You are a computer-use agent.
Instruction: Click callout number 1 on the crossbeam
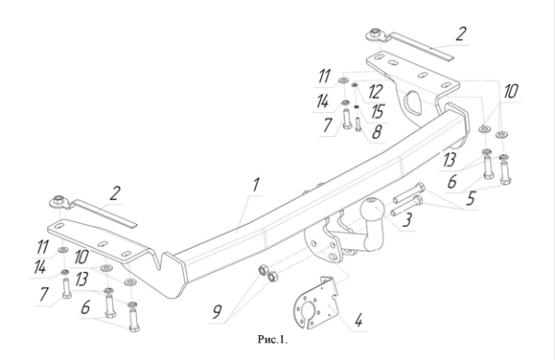[255, 185]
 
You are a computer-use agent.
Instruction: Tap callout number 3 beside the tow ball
[407, 219]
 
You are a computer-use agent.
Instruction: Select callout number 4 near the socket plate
[358, 320]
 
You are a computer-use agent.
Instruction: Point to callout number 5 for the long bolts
[470, 199]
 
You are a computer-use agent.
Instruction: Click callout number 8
[376, 131]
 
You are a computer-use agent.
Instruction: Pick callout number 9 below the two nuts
[216, 312]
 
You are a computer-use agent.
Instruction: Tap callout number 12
[375, 92]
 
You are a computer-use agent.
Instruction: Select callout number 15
[377, 112]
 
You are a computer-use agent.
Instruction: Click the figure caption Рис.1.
[273, 341]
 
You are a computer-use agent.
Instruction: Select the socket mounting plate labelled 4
[315, 304]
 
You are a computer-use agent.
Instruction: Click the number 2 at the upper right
[460, 34]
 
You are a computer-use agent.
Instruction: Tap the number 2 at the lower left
[115, 193]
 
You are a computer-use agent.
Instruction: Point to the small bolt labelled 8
[357, 123]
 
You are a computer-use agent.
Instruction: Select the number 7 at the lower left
[43, 293]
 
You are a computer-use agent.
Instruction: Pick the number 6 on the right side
[452, 181]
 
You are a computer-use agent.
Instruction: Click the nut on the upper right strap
[374, 34]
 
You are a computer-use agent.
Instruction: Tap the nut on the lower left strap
[58, 201]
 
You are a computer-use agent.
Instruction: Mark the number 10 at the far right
[511, 92]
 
